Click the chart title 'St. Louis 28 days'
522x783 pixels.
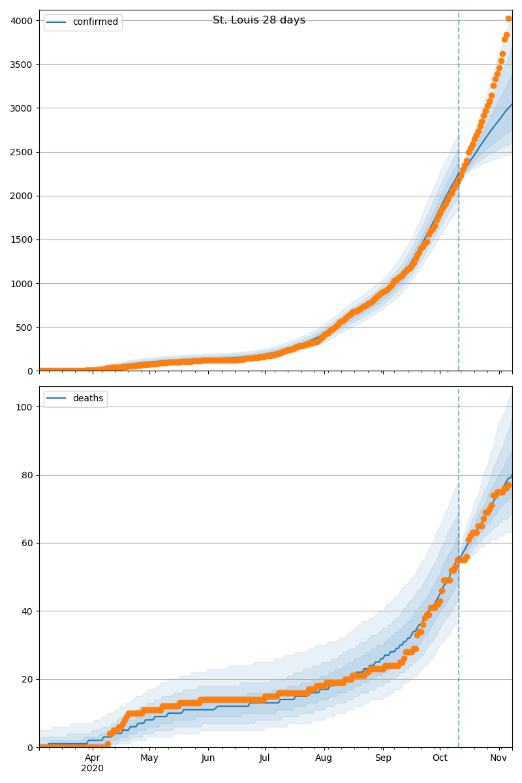click(258, 20)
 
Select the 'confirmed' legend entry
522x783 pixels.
click(95, 22)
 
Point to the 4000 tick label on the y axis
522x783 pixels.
click(22, 20)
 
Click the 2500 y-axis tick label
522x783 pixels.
click(22, 152)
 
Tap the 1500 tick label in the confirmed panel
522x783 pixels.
click(22, 239)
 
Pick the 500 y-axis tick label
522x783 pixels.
click(24, 328)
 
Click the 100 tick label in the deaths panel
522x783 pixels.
click(25, 407)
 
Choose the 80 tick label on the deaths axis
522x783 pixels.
click(27, 475)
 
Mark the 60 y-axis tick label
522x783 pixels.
click(27, 543)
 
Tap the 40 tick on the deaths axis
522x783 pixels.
click(27, 611)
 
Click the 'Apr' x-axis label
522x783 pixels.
click(93, 758)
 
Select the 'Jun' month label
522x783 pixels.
click(208, 758)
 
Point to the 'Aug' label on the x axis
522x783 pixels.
click(324, 758)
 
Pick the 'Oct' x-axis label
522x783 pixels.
click(440, 758)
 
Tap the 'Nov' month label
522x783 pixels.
click(499, 758)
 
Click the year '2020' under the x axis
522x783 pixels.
click(93, 769)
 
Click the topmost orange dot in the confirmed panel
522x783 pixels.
click(508, 18)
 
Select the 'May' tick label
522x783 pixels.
click(149, 758)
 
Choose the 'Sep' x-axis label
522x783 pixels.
click(383, 758)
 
